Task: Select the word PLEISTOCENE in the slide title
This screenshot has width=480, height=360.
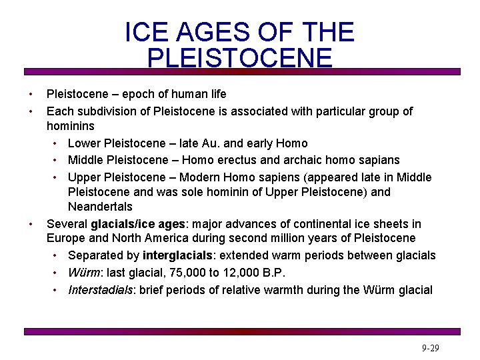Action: [x=239, y=59]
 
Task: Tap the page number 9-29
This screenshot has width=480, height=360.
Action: [x=430, y=349]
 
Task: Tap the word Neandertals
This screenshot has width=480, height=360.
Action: [x=100, y=207]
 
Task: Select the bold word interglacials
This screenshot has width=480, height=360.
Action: [x=179, y=256]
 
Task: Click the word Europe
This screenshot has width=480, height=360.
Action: [x=65, y=239]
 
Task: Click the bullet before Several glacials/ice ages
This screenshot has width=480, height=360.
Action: [x=30, y=225]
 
